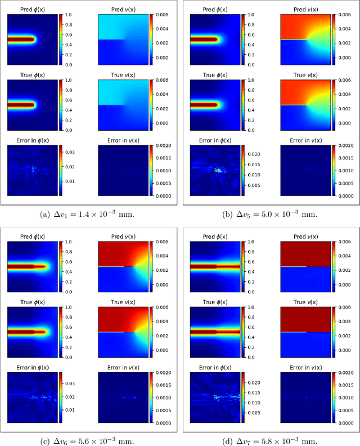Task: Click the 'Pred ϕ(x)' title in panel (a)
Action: (32, 10)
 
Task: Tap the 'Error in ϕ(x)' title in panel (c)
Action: (32, 368)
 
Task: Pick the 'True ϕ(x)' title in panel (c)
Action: (32, 302)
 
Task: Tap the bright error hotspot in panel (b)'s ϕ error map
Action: (217, 170)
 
